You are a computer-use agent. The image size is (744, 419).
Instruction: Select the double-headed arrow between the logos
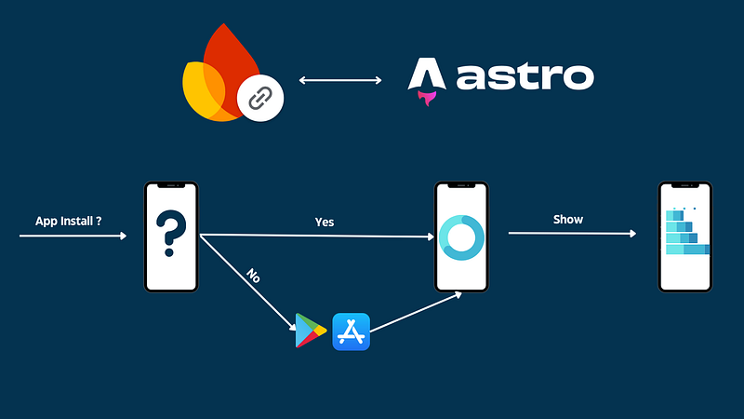tap(340, 81)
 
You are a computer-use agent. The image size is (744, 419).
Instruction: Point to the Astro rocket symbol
tap(426, 80)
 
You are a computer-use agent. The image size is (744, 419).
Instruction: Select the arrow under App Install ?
tap(73, 237)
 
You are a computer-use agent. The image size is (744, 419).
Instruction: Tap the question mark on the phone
tap(170, 234)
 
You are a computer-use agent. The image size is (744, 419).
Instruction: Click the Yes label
tap(325, 222)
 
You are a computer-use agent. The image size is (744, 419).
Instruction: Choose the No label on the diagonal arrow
tap(252, 276)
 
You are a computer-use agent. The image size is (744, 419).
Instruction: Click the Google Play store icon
tap(311, 331)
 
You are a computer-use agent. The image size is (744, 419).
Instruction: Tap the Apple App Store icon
tap(351, 331)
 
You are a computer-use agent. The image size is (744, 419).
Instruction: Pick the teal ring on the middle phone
tap(461, 237)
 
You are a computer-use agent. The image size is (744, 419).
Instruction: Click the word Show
tap(568, 219)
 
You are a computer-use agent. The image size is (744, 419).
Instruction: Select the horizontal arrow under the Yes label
tap(317, 236)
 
